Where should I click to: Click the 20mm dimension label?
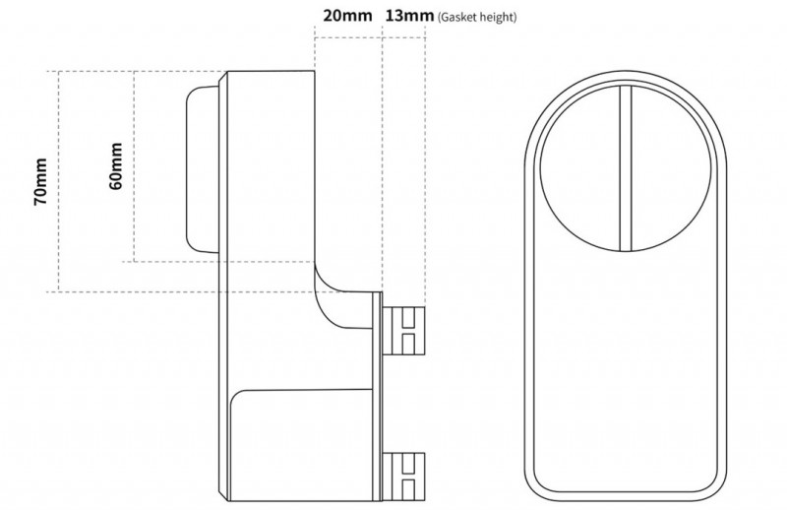point(347,16)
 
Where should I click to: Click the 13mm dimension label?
point(409,16)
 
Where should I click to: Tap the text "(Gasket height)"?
point(477,17)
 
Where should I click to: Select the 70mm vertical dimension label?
point(40,181)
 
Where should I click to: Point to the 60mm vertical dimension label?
point(115,166)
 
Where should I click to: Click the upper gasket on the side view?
point(403,330)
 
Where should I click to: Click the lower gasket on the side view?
point(403,477)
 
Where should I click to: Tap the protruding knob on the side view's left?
point(204,168)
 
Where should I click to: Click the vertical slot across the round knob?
point(625,167)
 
